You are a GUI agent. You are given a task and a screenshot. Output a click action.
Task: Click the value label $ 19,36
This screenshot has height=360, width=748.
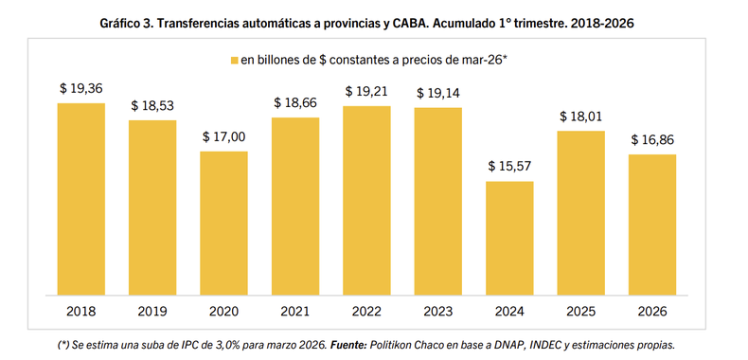click(x=80, y=88)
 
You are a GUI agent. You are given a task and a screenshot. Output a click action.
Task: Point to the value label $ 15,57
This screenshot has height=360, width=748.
click(x=509, y=166)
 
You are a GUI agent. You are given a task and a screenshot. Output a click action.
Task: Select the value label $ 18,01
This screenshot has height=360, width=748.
click(x=580, y=117)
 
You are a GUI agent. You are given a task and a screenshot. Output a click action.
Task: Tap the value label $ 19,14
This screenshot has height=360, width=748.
click(x=437, y=93)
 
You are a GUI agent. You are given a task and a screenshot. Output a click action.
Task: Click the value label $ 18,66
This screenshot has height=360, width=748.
click(x=295, y=102)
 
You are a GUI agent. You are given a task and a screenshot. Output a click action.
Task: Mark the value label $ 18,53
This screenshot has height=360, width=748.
click(x=152, y=105)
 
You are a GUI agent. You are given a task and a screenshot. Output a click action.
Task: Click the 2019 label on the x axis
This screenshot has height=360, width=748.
click(x=152, y=309)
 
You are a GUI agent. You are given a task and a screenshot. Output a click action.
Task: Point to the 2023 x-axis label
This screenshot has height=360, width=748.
click(x=437, y=309)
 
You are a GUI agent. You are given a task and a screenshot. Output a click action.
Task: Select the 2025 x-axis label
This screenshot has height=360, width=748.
click(x=580, y=309)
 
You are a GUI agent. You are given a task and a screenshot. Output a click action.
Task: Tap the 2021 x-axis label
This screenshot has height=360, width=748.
click(x=295, y=309)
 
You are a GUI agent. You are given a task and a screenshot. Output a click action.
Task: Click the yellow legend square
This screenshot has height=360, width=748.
click(x=234, y=60)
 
